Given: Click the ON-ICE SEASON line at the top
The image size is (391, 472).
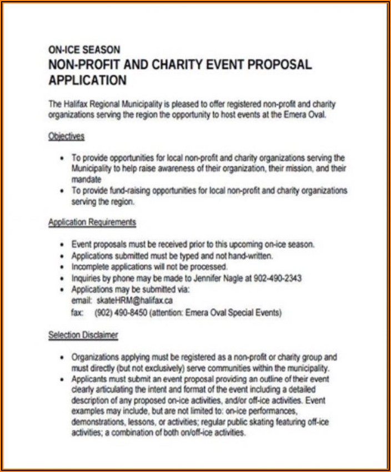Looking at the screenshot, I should pyautogui.click(x=83, y=49).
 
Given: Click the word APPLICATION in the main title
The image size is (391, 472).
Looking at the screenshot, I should pyautogui.click(x=88, y=80).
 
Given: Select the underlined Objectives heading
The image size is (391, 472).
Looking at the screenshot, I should pyautogui.click(x=66, y=136).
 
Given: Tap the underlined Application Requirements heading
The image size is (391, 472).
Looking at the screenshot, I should pyautogui.click(x=92, y=222).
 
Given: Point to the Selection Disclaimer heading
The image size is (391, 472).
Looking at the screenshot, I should pyautogui.click(x=83, y=335).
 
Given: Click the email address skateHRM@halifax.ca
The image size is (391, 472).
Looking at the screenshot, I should pyautogui.click(x=134, y=300).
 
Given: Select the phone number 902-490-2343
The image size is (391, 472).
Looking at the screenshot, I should pyautogui.click(x=278, y=278).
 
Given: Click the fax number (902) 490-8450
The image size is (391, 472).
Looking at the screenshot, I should pyautogui.click(x=123, y=313).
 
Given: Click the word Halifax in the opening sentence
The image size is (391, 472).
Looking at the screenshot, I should pyautogui.click(x=76, y=104).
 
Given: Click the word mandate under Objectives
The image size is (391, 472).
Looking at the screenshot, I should pyautogui.click(x=86, y=180).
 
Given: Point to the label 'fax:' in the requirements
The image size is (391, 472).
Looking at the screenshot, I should pyautogui.click(x=78, y=313).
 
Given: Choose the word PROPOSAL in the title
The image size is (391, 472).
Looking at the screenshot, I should pyautogui.click(x=279, y=64).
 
